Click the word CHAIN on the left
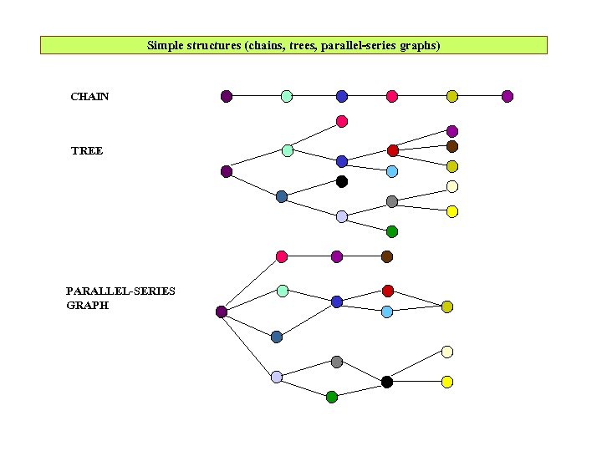(x=89, y=97)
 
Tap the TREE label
(x=87, y=151)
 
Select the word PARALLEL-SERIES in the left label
(x=120, y=291)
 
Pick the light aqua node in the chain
(x=287, y=96)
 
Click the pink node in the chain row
(x=392, y=96)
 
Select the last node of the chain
(x=508, y=96)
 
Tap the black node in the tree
(x=342, y=181)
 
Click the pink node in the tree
(x=342, y=121)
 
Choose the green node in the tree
(x=392, y=231)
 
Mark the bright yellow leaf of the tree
(x=452, y=211)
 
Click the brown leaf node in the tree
(x=452, y=146)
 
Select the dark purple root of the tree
(x=226, y=171)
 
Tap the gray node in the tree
(x=392, y=201)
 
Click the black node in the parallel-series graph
(x=387, y=382)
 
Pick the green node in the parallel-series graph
(x=332, y=397)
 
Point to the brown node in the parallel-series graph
(x=387, y=256)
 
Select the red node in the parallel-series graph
(x=388, y=291)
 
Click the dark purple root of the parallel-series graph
(x=222, y=312)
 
